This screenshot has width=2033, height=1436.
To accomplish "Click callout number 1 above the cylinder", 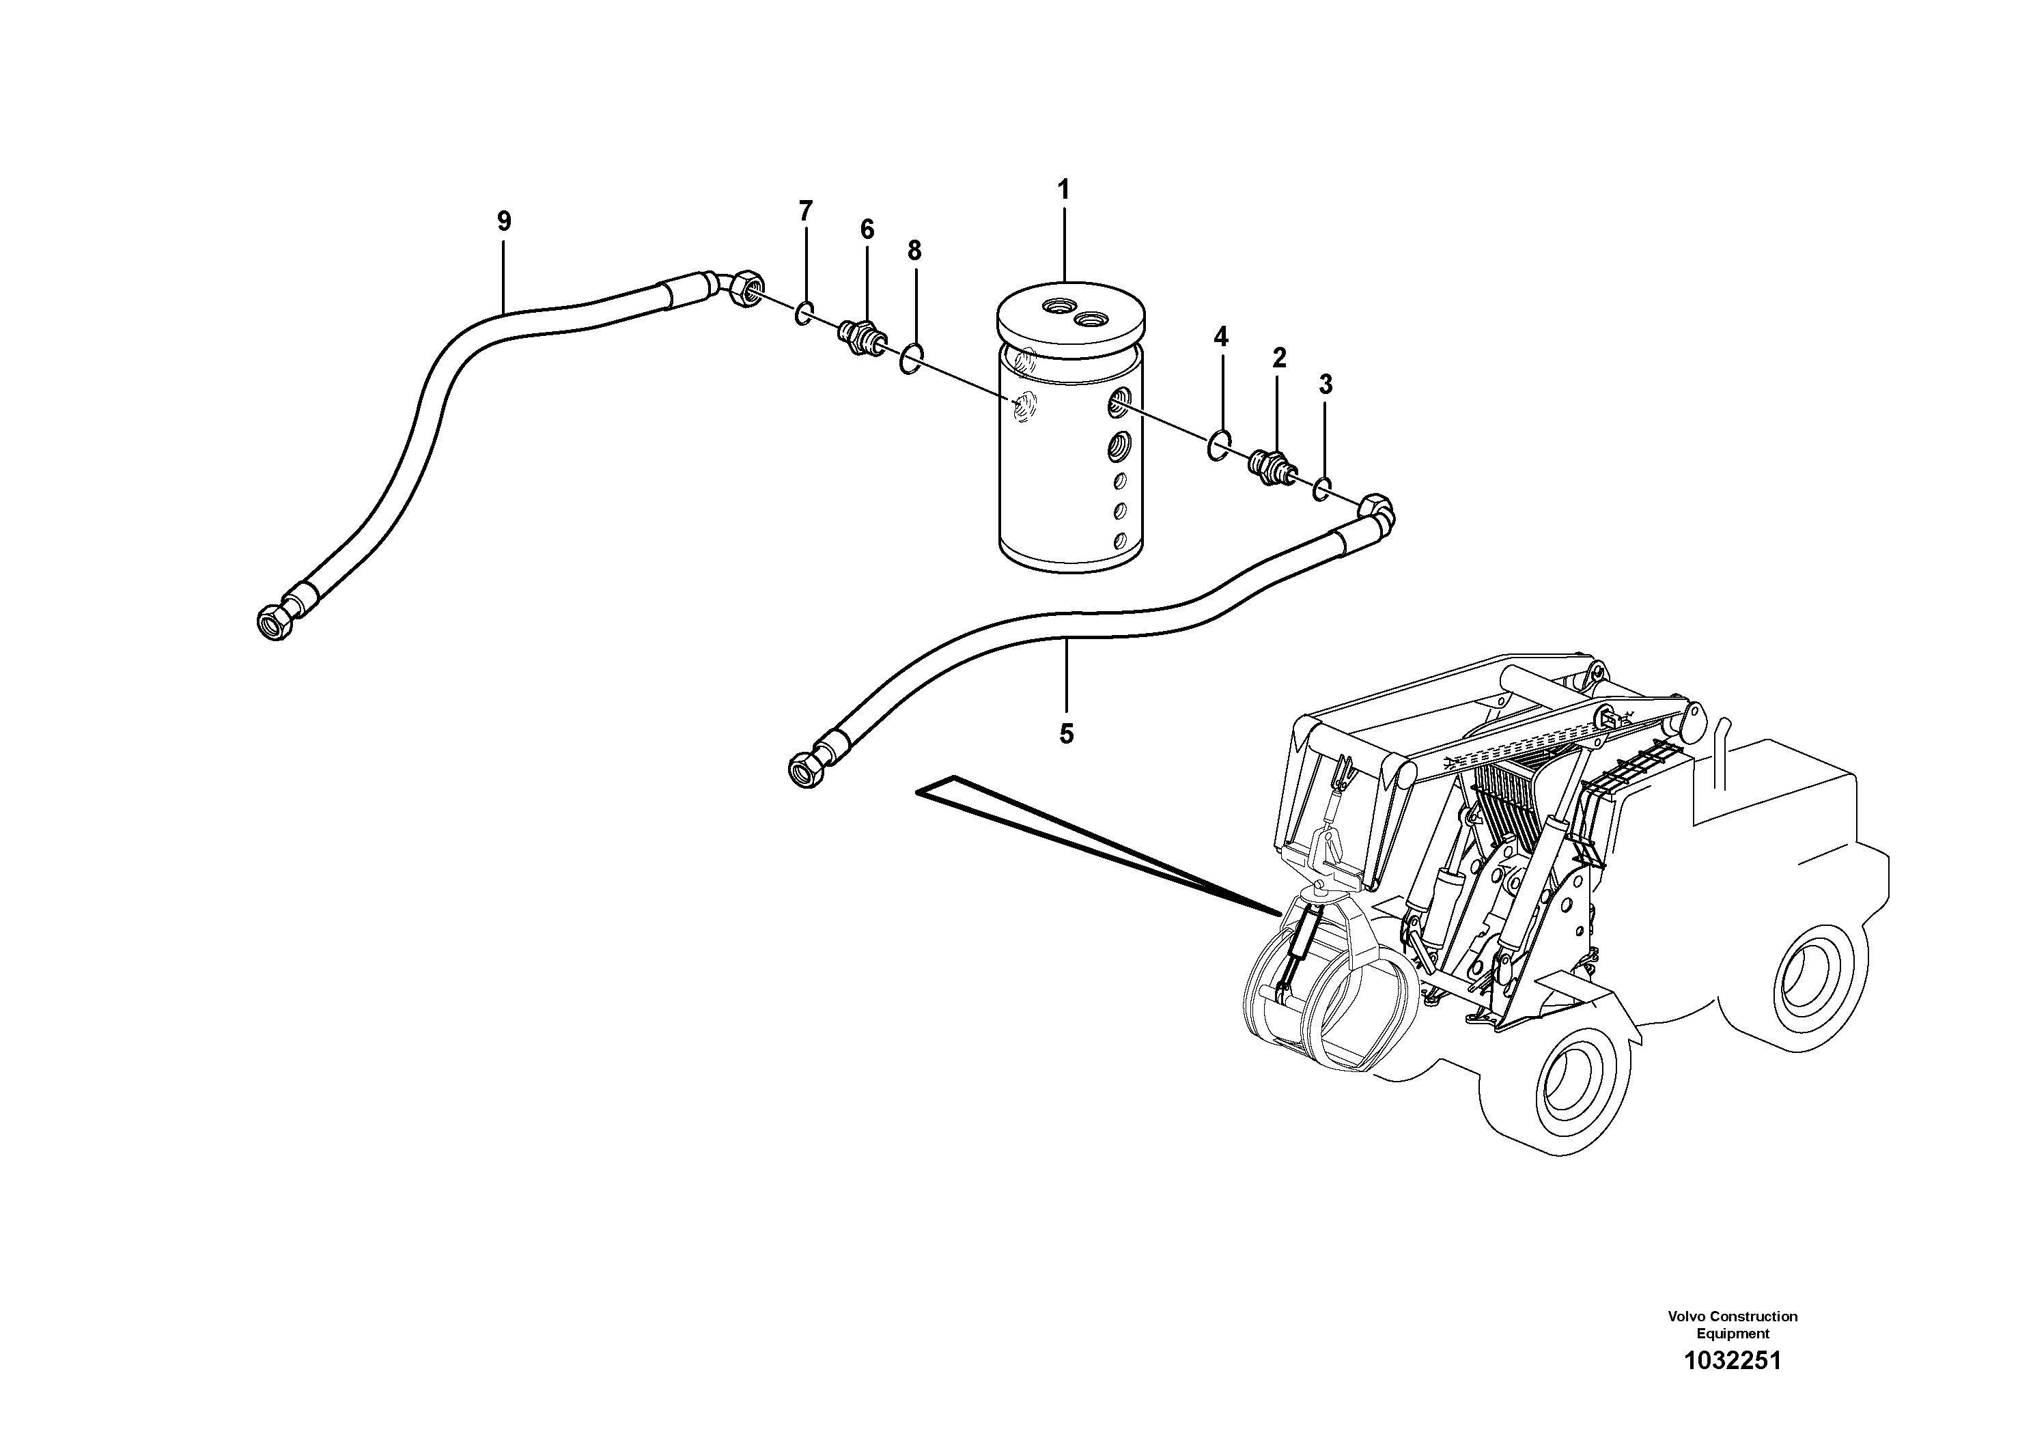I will [1063, 189].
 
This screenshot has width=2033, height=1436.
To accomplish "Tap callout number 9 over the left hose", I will [504, 221].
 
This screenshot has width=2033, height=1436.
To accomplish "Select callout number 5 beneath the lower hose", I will [1066, 733].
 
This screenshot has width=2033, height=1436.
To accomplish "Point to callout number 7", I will [805, 211].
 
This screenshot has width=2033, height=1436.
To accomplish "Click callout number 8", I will [914, 251].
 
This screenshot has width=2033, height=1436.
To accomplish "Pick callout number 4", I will [1221, 337].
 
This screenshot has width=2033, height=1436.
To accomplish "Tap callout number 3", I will [1325, 384].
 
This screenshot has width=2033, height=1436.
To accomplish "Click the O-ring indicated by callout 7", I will [804, 313].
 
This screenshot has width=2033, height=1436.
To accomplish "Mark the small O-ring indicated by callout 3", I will [1322, 488].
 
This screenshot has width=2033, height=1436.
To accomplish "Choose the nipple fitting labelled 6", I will [859, 337].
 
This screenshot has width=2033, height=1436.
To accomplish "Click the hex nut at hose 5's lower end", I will [802, 770].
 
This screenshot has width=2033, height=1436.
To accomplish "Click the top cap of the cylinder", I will [1071, 319].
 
